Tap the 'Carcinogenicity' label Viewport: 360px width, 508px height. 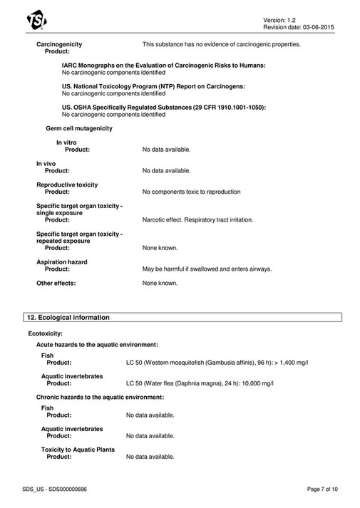59,44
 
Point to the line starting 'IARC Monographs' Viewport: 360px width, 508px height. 163,66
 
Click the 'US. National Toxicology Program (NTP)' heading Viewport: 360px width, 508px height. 153,86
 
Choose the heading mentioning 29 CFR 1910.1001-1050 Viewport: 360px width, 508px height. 163,107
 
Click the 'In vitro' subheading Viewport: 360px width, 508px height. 66,142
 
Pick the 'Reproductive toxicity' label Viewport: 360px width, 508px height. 67,184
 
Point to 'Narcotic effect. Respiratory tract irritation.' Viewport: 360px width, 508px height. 197,220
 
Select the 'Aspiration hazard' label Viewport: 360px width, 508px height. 62,261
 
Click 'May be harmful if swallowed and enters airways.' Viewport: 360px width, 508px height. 207,269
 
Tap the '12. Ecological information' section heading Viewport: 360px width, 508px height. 68,317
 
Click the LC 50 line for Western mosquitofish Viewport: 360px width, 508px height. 217,363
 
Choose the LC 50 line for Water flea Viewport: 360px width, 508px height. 200,383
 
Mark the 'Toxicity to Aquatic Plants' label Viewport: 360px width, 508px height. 78,450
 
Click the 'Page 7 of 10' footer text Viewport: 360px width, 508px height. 322,488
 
